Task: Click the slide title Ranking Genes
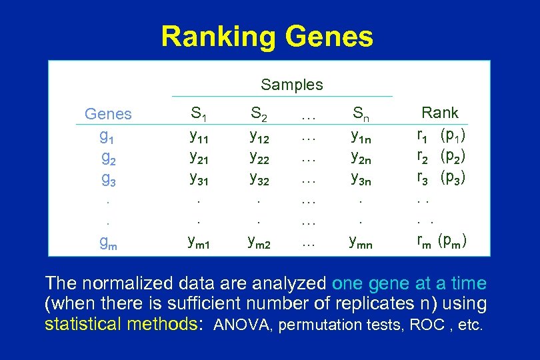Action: pos(267,37)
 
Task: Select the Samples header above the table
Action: pos(291,85)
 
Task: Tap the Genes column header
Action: pos(108,114)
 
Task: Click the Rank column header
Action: pos(440,113)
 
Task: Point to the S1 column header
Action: pos(198,114)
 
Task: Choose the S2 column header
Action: pos(258,114)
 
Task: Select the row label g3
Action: pos(107,179)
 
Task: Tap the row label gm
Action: pos(107,243)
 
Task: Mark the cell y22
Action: pos(259,158)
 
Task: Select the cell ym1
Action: pos(199,243)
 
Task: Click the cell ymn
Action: pos(363,243)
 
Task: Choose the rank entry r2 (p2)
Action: pos(441,158)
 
